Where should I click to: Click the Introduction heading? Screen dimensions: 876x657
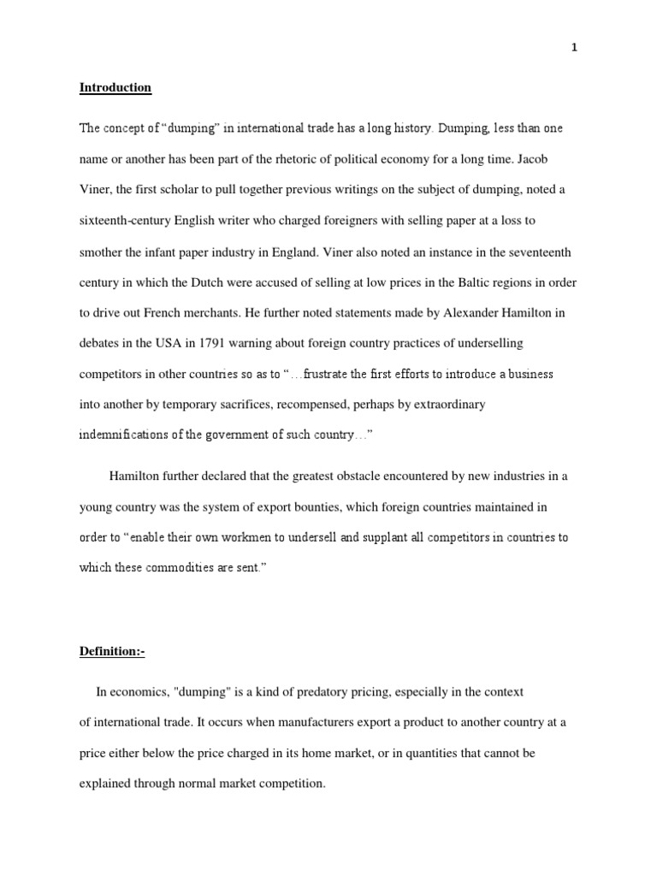tap(115, 87)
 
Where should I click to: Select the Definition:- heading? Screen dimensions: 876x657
tap(112, 652)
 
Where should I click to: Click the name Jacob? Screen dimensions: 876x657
tap(547, 158)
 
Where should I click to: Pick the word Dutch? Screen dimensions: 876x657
tap(224, 281)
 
